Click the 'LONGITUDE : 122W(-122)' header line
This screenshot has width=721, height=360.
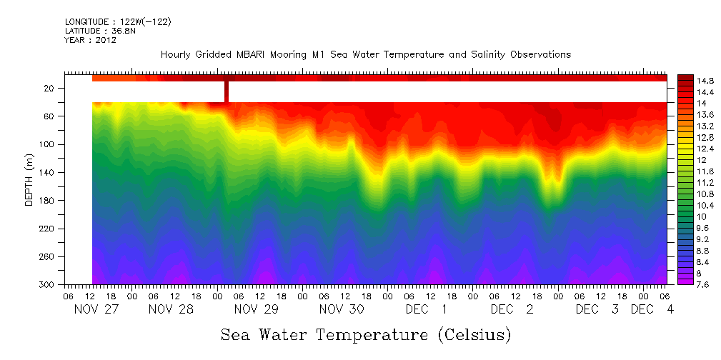point(117,22)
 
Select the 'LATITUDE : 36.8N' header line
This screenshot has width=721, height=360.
point(99,31)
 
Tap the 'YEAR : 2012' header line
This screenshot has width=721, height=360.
point(90,40)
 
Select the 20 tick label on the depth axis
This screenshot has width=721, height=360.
point(50,89)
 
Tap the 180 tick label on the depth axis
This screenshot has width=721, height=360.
point(48,201)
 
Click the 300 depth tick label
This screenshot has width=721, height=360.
point(48,285)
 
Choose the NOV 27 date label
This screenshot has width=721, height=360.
point(96,310)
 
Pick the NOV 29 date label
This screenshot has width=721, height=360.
point(256,310)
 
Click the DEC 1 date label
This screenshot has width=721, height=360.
point(426,310)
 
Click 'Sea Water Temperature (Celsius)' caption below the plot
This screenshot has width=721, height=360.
point(366,334)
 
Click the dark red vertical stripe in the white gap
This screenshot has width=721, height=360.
point(227,91)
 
